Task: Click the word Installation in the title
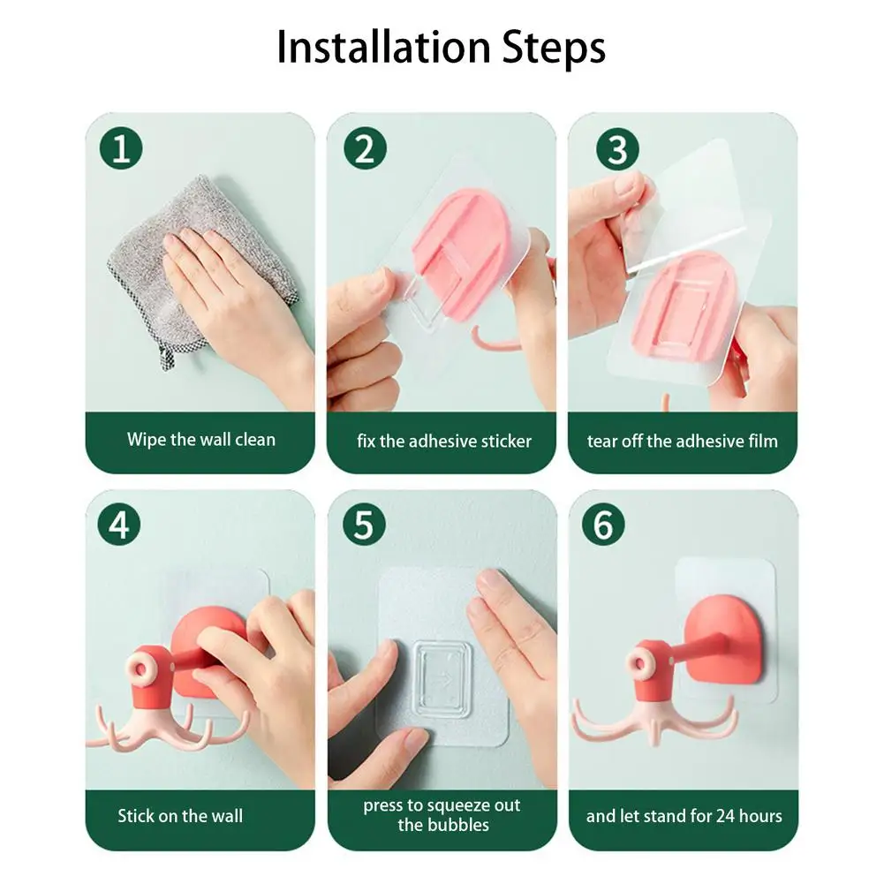[x=384, y=48]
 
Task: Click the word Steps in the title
[x=554, y=49]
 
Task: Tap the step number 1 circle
[x=121, y=149]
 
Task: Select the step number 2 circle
[x=365, y=149]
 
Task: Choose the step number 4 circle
[x=119, y=525]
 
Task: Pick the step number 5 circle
[x=364, y=525]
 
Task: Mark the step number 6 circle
[x=603, y=525]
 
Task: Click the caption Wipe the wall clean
[x=201, y=440]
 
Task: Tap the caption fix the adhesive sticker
[x=443, y=441]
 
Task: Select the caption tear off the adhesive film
[x=682, y=441]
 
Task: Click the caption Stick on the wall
[x=180, y=816]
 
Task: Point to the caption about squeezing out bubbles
[x=442, y=815]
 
